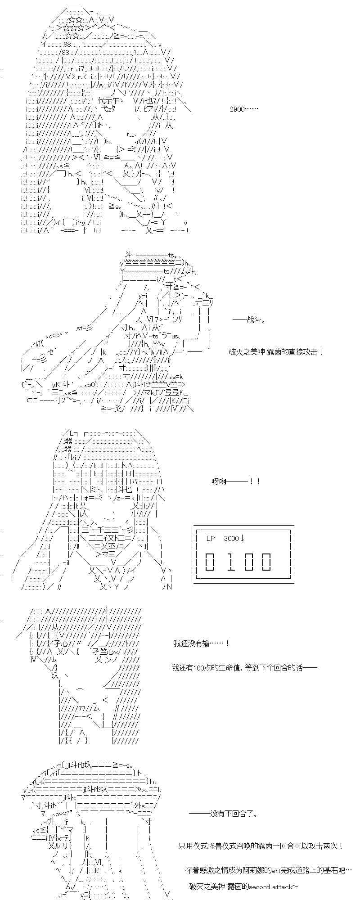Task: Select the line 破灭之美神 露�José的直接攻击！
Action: (x=275, y=351)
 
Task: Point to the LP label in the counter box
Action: (x=211, y=539)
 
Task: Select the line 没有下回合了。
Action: (x=224, y=814)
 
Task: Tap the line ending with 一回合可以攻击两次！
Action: (x=261, y=846)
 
